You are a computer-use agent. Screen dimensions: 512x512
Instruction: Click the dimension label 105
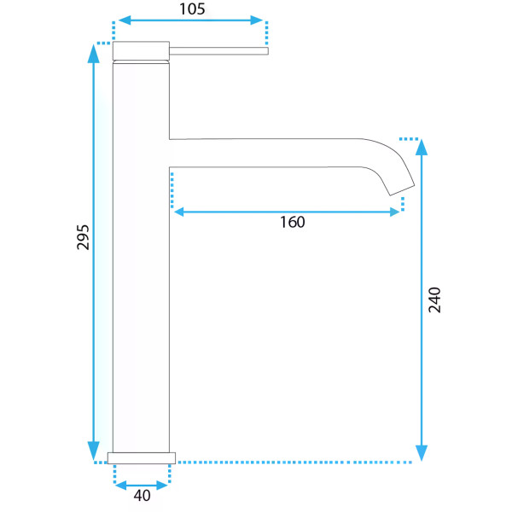click(192, 9)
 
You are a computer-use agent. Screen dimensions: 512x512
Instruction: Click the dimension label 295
click(83, 237)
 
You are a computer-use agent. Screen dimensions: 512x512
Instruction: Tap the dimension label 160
click(293, 222)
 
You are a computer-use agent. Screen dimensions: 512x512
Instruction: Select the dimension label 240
click(434, 300)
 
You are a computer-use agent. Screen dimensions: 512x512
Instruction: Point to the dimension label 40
click(142, 495)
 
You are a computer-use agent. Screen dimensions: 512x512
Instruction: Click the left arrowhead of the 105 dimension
click(125, 20)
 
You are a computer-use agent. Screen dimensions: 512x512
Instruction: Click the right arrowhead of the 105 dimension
click(257, 20)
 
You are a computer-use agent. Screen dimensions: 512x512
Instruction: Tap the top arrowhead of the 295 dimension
click(93, 54)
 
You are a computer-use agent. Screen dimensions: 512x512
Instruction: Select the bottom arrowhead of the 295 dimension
click(93, 451)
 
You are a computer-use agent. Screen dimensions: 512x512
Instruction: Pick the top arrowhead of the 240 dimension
click(422, 148)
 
